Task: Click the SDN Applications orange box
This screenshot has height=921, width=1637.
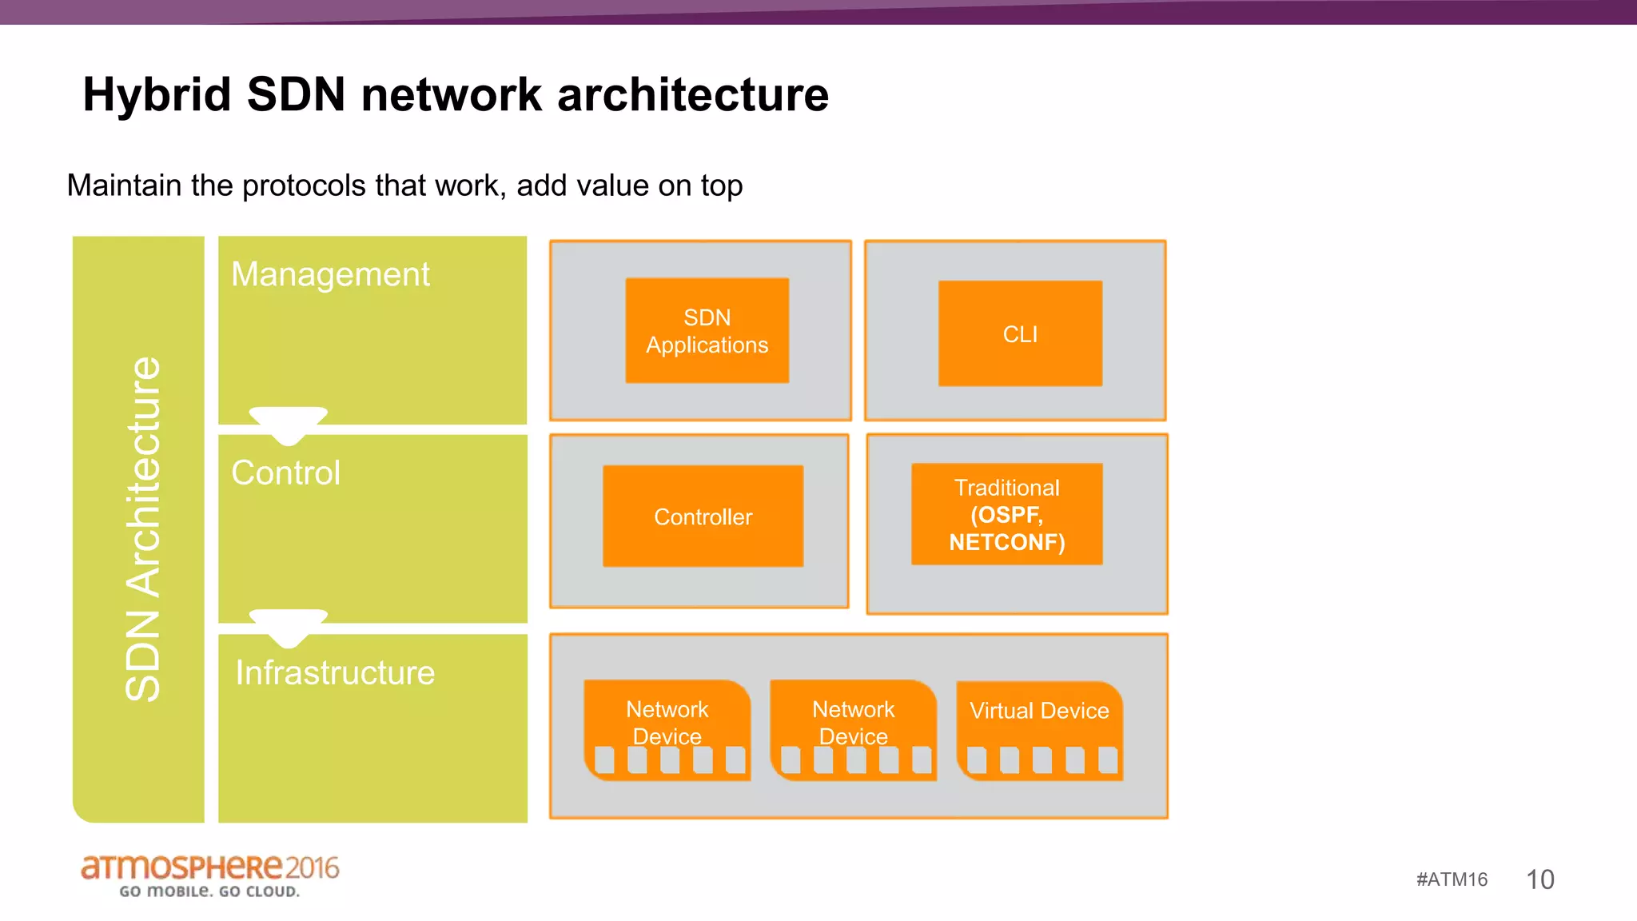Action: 707,330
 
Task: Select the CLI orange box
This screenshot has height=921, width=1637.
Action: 1020,333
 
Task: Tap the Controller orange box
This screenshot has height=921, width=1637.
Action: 703,516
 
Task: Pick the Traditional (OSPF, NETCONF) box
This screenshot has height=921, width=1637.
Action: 1006,514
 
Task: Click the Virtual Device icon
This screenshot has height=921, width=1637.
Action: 1039,730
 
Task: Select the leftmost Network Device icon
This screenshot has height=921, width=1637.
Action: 667,730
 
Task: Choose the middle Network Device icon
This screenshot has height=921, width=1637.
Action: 853,730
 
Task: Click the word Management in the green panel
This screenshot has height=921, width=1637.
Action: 330,274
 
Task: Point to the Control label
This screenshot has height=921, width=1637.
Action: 285,472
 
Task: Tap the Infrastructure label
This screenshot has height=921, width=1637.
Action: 335,672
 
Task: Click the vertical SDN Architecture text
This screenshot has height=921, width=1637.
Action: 144,529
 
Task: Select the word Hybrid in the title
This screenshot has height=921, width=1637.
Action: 157,94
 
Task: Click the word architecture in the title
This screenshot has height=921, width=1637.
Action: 692,94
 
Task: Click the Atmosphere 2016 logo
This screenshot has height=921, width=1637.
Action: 209,867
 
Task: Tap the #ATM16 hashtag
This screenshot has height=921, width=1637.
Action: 1452,879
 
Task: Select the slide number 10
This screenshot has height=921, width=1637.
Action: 1539,879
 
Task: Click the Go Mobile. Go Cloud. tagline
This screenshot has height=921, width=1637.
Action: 209,891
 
